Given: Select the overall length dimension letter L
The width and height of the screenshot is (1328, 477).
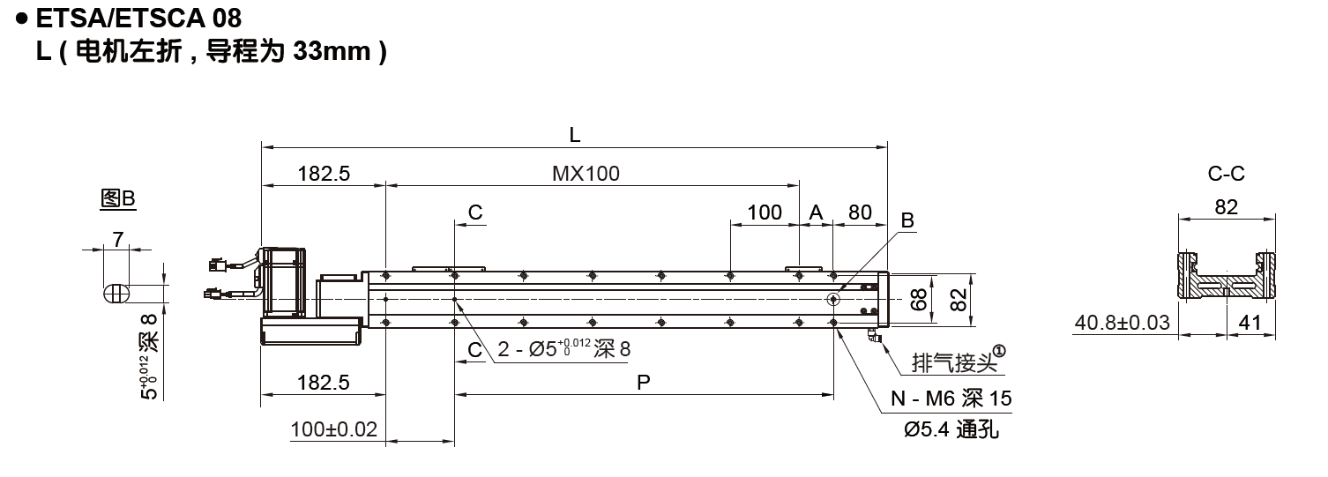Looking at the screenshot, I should pos(574,135).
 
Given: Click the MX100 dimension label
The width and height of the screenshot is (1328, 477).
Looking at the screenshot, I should pos(586,174).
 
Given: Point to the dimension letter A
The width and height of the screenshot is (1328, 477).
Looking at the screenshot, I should pos(816,212).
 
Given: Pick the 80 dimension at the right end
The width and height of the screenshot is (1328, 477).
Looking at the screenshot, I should pos(859,212).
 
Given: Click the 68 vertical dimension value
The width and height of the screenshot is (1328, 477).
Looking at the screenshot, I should pos(918,301).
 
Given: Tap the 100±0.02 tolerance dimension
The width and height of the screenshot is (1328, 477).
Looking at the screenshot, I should pos(333,429).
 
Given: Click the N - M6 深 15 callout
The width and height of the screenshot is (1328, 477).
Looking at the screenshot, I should pos(950,399).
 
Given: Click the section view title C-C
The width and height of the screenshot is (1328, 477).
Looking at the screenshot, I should pos(1226,174).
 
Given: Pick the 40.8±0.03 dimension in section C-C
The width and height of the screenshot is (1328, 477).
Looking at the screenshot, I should pos(1122,323).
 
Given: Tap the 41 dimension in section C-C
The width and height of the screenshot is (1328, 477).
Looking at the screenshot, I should pos(1250,323).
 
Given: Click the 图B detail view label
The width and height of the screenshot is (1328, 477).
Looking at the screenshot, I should pos(117,199).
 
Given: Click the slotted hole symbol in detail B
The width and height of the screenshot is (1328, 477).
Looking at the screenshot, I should pos(116,293).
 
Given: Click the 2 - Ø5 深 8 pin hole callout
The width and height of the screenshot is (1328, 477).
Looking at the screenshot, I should pos(563,349).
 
